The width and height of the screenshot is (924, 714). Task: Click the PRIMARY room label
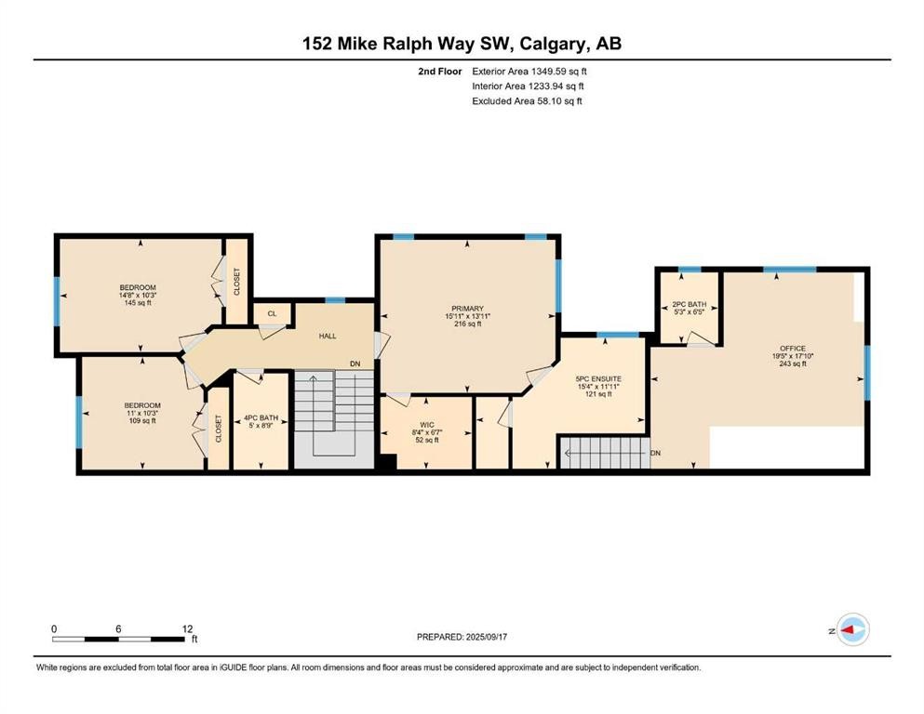467,309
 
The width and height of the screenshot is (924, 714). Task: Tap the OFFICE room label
793,349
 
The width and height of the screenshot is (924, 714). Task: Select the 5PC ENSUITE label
598,379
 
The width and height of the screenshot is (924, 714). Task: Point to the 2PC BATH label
689,304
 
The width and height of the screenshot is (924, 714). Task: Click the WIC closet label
427,425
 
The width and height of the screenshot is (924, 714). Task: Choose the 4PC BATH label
261,418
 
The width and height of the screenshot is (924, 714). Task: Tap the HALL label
328,337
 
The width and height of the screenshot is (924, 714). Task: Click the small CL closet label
273,313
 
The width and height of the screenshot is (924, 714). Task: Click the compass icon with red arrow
852,629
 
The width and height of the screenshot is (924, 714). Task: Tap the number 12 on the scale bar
187,628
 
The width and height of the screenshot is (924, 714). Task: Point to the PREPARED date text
462,637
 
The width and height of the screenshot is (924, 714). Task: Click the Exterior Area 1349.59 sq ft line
529,72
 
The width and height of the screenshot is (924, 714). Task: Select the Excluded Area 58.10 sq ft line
527,100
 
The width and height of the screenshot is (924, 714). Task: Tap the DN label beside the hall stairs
355,364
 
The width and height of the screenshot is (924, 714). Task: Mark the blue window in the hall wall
335,300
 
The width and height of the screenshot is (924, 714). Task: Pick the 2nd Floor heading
439,72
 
